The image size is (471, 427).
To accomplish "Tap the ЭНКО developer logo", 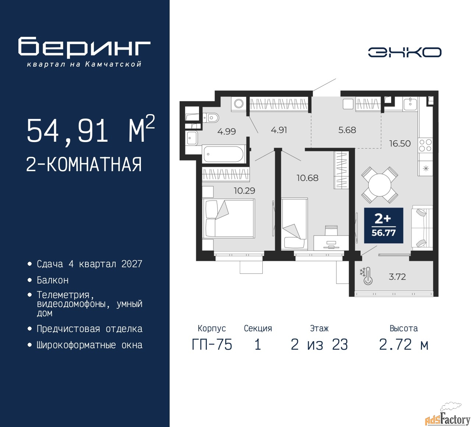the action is pyautogui.click(x=404, y=52).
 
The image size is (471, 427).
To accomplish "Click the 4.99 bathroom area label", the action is pyautogui.click(x=226, y=131).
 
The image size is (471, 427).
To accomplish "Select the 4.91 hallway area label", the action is pyautogui.click(x=279, y=130).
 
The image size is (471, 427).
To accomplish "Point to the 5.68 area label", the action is pyautogui.click(x=347, y=130).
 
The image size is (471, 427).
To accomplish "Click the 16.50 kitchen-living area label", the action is pyautogui.click(x=400, y=143).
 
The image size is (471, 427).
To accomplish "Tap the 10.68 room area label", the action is pyautogui.click(x=308, y=178).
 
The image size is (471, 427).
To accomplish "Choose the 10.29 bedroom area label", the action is pyautogui.click(x=244, y=190).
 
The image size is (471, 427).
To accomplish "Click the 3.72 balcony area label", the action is pyautogui.click(x=397, y=277).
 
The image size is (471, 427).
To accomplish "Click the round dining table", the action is pyautogui.click(x=379, y=185).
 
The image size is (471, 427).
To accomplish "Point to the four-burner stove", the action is pyautogui.click(x=425, y=145).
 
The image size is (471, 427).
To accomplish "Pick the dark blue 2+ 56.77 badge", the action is pyautogui.click(x=384, y=225).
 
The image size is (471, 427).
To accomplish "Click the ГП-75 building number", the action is pyautogui.click(x=212, y=345).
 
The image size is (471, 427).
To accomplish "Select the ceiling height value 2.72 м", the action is pyautogui.click(x=404, y=345).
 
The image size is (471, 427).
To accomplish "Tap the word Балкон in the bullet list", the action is pyautogui.click(x=53, y=280).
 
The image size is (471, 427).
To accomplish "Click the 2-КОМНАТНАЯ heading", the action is pyautogui.click(x=84, y=165).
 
